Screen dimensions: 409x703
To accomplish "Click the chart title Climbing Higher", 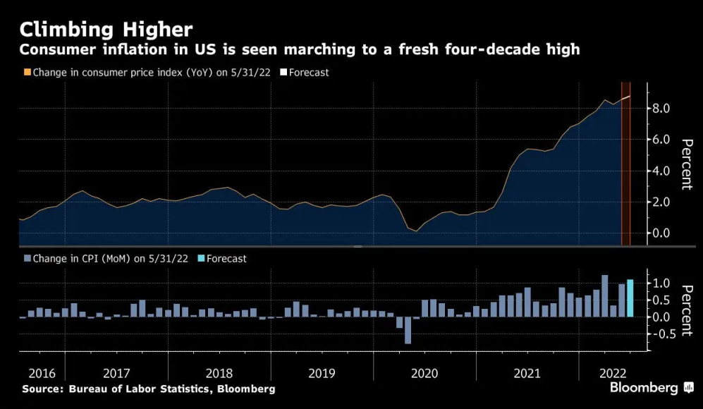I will click(106, 29).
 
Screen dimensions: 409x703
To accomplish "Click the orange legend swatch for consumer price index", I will click(27, 72).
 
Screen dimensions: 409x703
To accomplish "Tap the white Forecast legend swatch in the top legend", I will click(283, 72).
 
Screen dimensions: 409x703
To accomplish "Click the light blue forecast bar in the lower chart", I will click(630, 298).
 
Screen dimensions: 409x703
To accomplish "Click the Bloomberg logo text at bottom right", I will click(643, 388).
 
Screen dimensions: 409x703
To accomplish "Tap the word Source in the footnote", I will click(41, 389).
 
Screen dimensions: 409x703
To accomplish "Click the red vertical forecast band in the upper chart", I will click(625, 169).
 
